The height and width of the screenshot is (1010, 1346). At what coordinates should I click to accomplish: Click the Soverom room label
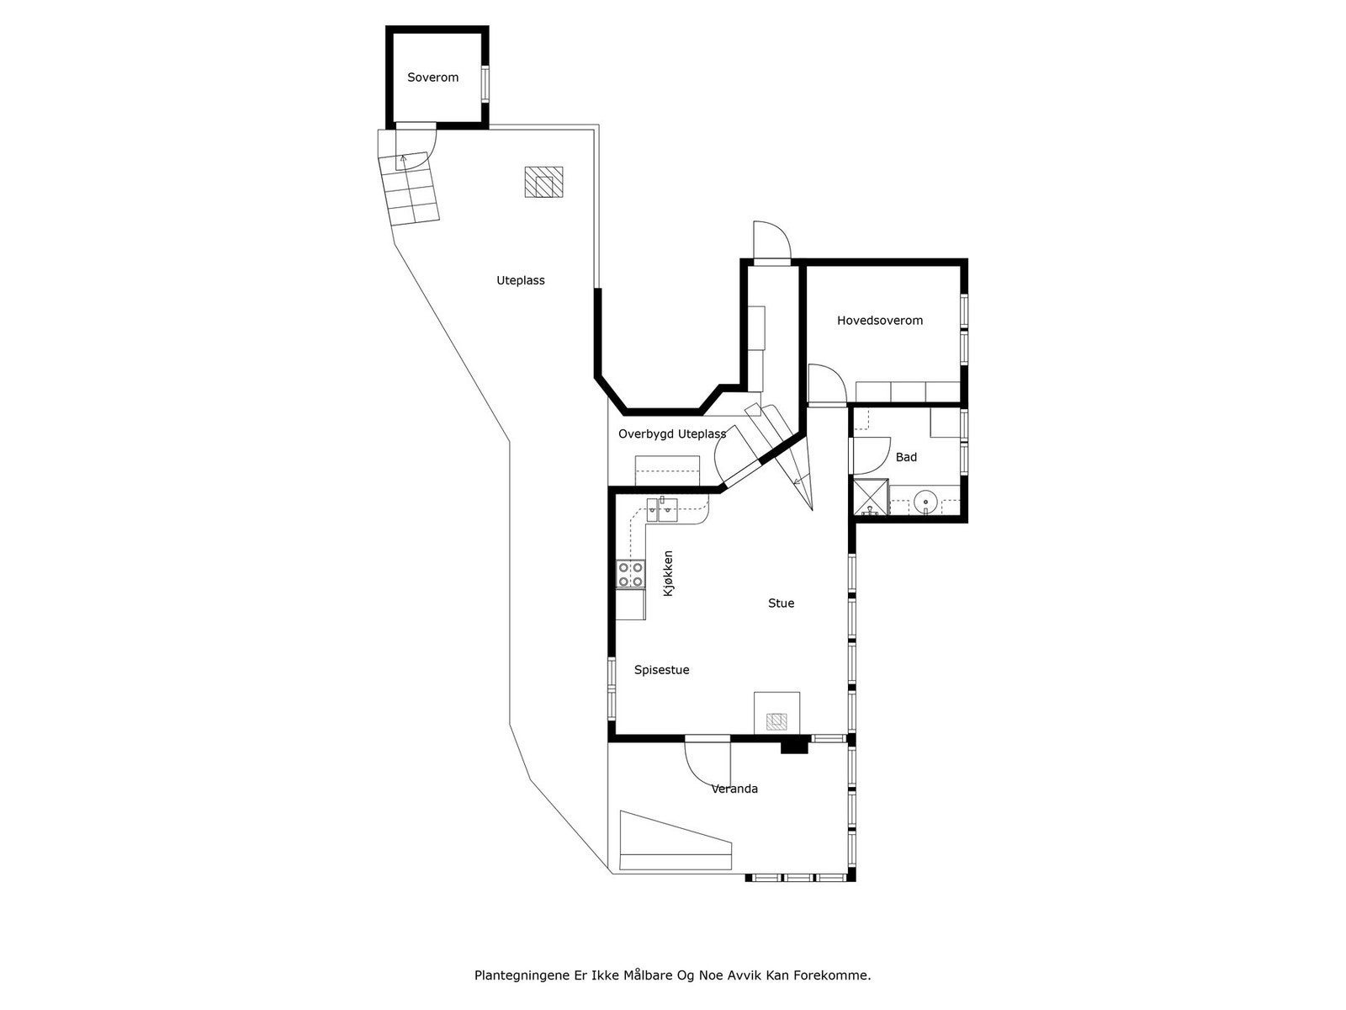point(432,77)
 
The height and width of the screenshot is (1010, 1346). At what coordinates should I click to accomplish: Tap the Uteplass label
point(520,280)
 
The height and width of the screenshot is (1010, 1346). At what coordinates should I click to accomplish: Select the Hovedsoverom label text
point(879,321)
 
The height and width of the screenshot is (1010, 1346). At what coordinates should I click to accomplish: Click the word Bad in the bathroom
point(906,457)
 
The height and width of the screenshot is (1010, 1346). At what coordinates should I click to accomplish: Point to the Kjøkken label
point(669,574)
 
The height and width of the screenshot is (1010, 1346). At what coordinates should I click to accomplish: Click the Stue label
point(781,603)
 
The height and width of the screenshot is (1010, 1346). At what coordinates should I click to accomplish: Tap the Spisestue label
point(661,670)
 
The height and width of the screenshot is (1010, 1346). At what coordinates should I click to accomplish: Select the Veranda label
point(734,789)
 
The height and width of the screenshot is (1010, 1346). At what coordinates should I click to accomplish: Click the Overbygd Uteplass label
point(671,434)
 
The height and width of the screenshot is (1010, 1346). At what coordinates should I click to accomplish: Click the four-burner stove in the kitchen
point(631,574)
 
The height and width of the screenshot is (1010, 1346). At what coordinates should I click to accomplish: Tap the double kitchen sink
point(662,507)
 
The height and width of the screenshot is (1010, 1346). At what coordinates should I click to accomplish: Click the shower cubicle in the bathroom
point(871,497)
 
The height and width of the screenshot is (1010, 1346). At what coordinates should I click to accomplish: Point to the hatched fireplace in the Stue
point(776,721)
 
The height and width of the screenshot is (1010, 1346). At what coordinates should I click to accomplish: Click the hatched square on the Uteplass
point(543,182)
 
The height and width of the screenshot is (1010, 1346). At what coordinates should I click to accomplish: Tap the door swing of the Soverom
point(418,145)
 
